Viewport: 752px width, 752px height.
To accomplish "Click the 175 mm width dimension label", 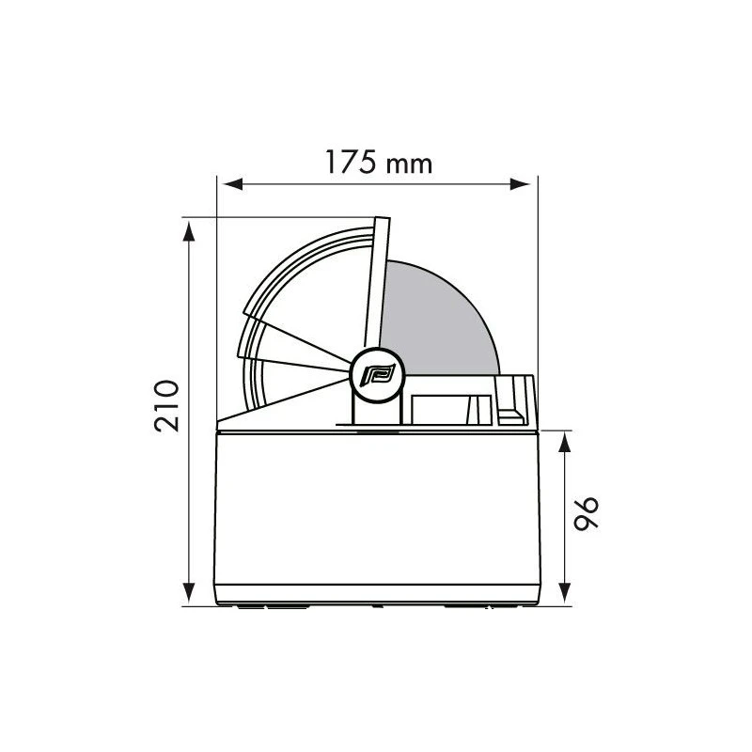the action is coord(379,162).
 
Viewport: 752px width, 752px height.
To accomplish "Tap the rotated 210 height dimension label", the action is coord(167,406).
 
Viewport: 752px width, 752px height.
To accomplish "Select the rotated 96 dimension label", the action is coord(586,513).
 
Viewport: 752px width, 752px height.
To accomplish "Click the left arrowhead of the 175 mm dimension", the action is coord(233,184).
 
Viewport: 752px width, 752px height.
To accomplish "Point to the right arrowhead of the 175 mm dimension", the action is coord(521,184).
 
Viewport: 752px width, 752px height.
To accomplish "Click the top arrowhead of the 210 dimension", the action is coord(190,231).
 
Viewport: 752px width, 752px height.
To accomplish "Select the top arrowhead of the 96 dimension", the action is coord(565,442).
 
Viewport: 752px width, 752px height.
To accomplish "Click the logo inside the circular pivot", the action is coord(379,374).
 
